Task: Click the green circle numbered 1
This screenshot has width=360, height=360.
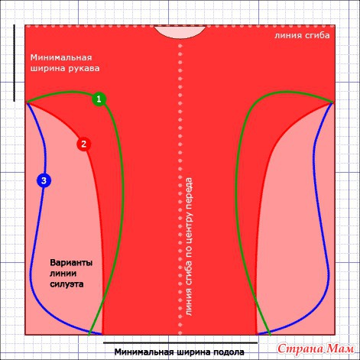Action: pyautogui.click(x=99, y=99)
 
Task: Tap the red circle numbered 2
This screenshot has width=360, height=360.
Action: pyautogui.click(x=84, y=144)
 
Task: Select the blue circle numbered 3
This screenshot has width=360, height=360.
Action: pyautogui.click(x=44, y=180)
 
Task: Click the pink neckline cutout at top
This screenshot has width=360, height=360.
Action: pyautogui.click(x=180, y=32)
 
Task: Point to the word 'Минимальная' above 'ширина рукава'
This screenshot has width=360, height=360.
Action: pyautogui.click(x=61, y=57)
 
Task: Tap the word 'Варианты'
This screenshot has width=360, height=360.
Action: pyautogui.click(x=71, y=263)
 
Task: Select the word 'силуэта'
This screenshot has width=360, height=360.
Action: pyautogui.click(x=66, y=284)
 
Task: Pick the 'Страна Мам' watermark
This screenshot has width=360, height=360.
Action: pyautogui.click(x=316, y=349)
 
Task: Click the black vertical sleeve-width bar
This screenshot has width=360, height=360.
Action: pyautogui.click(x=15, y=63)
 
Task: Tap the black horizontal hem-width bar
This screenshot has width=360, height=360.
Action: pyautogui.click(x=180, y=343)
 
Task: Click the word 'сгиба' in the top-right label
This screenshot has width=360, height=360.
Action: pyautogui.click(x=316, y=35)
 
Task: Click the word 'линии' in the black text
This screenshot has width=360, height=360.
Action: pyautogui.click(x=63, y=274)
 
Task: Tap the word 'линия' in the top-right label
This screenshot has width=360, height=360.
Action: pyautogui.click(x=287, y=35)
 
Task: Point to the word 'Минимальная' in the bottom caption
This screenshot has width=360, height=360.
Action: pyautogui.click(x=144, y=352)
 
